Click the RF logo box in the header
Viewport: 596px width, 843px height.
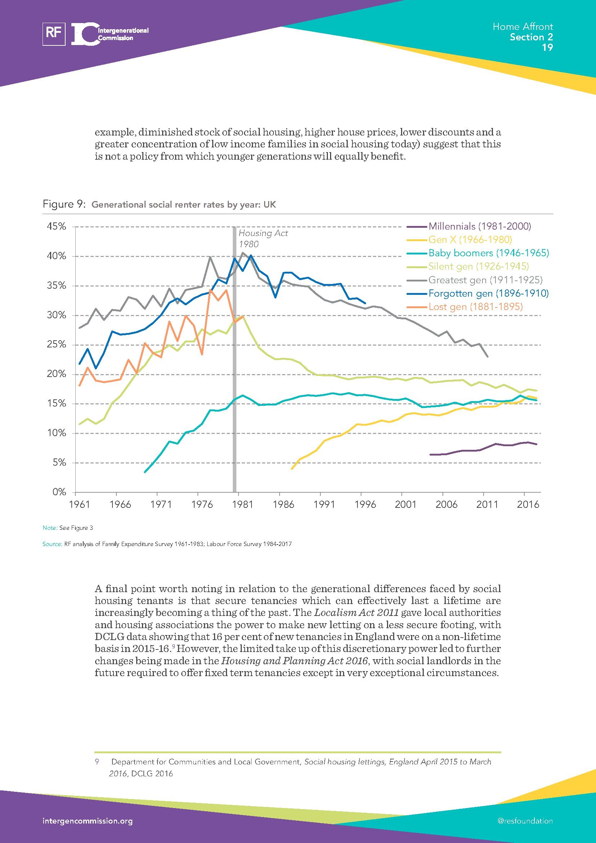click(x=54, y=34)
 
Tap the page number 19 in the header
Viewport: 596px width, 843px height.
click(x=547, y=47)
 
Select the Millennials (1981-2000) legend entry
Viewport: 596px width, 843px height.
click(x=479, y=226)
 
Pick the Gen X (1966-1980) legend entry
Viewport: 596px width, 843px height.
click(x=470, y=240)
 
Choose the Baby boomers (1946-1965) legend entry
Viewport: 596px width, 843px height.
click(x=489, y=253)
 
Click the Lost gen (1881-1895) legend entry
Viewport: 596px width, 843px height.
click(x=475, y=307)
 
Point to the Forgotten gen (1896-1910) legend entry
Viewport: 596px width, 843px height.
click(x=489, y=293)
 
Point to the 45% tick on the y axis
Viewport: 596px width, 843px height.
click(x=57, y=227)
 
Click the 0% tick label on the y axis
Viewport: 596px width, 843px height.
click(x=59, y=492)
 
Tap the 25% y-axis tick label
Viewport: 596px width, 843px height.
click(x=57, y=345)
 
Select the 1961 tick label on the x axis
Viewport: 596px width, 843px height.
click(x=80, y=505)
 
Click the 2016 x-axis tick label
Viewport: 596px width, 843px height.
click(x=528, y=505)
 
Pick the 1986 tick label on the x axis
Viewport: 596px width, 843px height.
click(x=283, y=505)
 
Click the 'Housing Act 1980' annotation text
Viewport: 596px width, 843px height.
click(x=263, y=239)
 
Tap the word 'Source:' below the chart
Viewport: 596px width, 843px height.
click(x=52, y=544)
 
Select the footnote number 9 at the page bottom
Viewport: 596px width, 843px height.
click(x=97, y=762)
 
